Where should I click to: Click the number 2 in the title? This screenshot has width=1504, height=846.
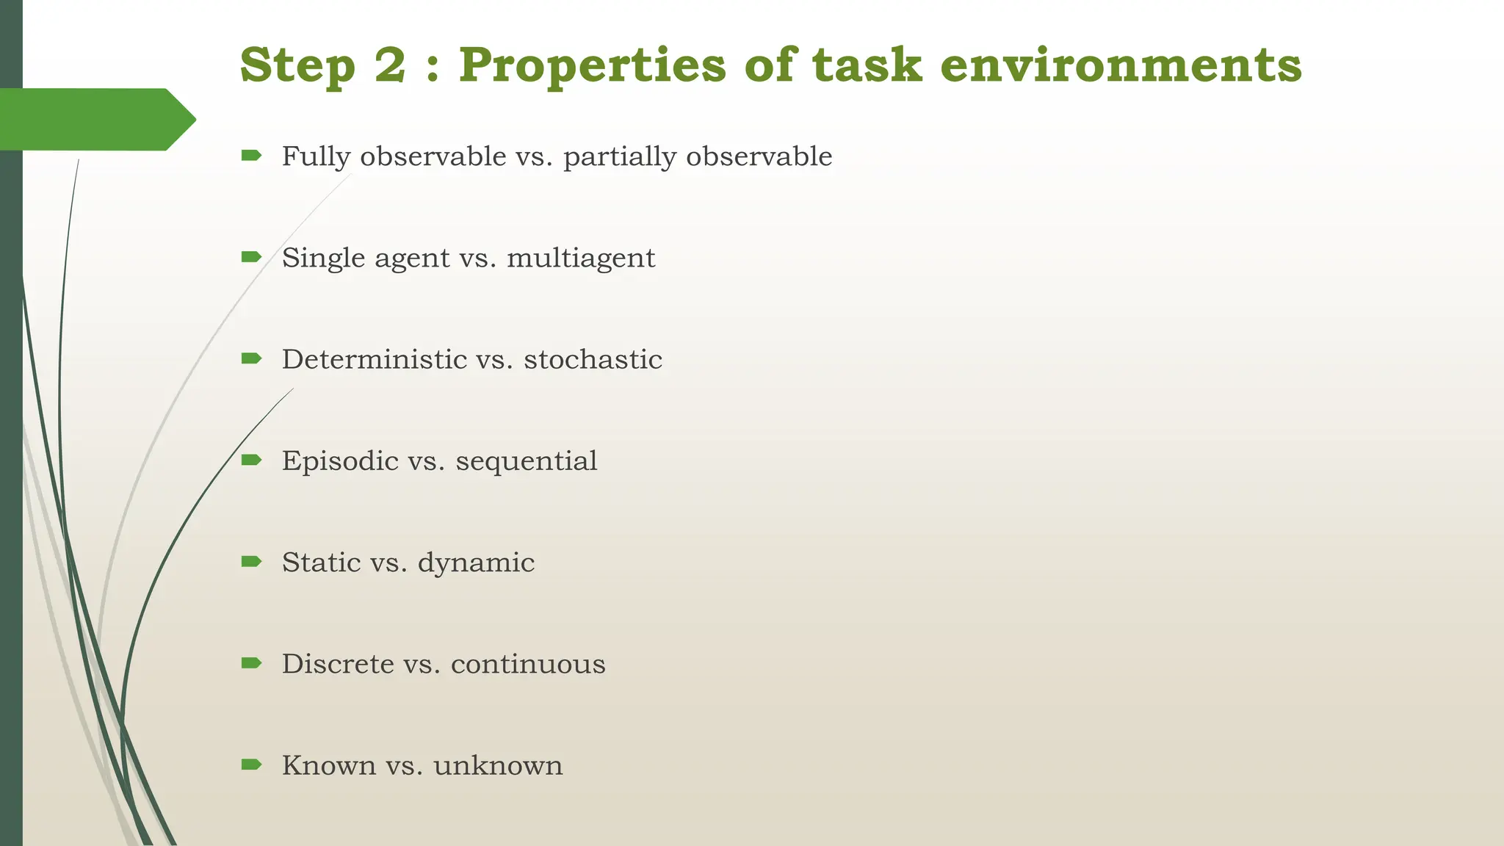click(389, 65)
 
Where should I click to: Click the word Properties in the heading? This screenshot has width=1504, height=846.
click(593, 66)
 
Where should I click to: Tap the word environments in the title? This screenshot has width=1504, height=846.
click(1121, 65)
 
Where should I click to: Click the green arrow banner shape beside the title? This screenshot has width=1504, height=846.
click(95, 119)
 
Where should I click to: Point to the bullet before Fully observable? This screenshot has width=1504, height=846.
click(251, 155)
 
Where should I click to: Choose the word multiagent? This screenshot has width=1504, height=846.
click(580, 258)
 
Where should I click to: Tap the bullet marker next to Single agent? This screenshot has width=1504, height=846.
click(251, 256)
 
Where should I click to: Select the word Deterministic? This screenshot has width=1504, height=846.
click(374, 359)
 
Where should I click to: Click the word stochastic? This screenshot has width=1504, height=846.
click(593, 359)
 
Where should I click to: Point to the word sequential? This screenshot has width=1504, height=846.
click(526, 461)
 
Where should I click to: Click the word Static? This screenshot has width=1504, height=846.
click(321, 563)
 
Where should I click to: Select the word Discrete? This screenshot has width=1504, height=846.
click(338, 664)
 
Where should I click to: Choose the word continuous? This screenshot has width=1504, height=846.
click(528, 664)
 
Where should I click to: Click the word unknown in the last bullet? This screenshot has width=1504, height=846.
click(498, 765)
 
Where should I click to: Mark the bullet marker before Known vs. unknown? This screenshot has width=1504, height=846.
click(251, 764)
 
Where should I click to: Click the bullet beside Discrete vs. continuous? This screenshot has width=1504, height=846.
click(251, 663)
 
